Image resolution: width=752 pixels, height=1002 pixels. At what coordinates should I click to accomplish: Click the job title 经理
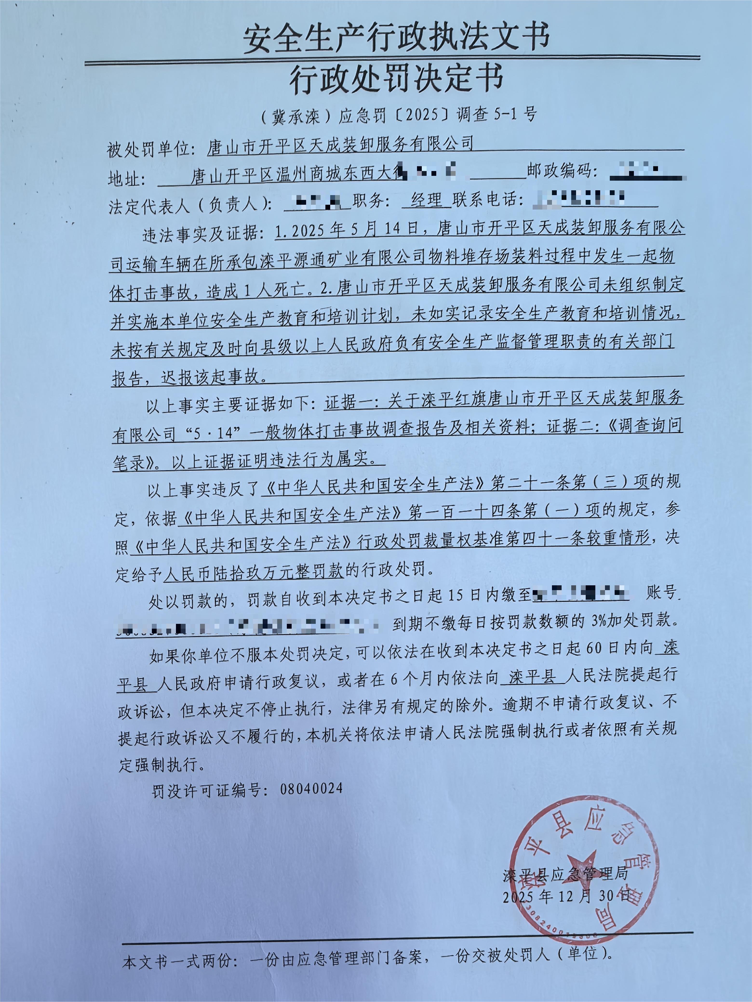(x=426, y=200)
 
